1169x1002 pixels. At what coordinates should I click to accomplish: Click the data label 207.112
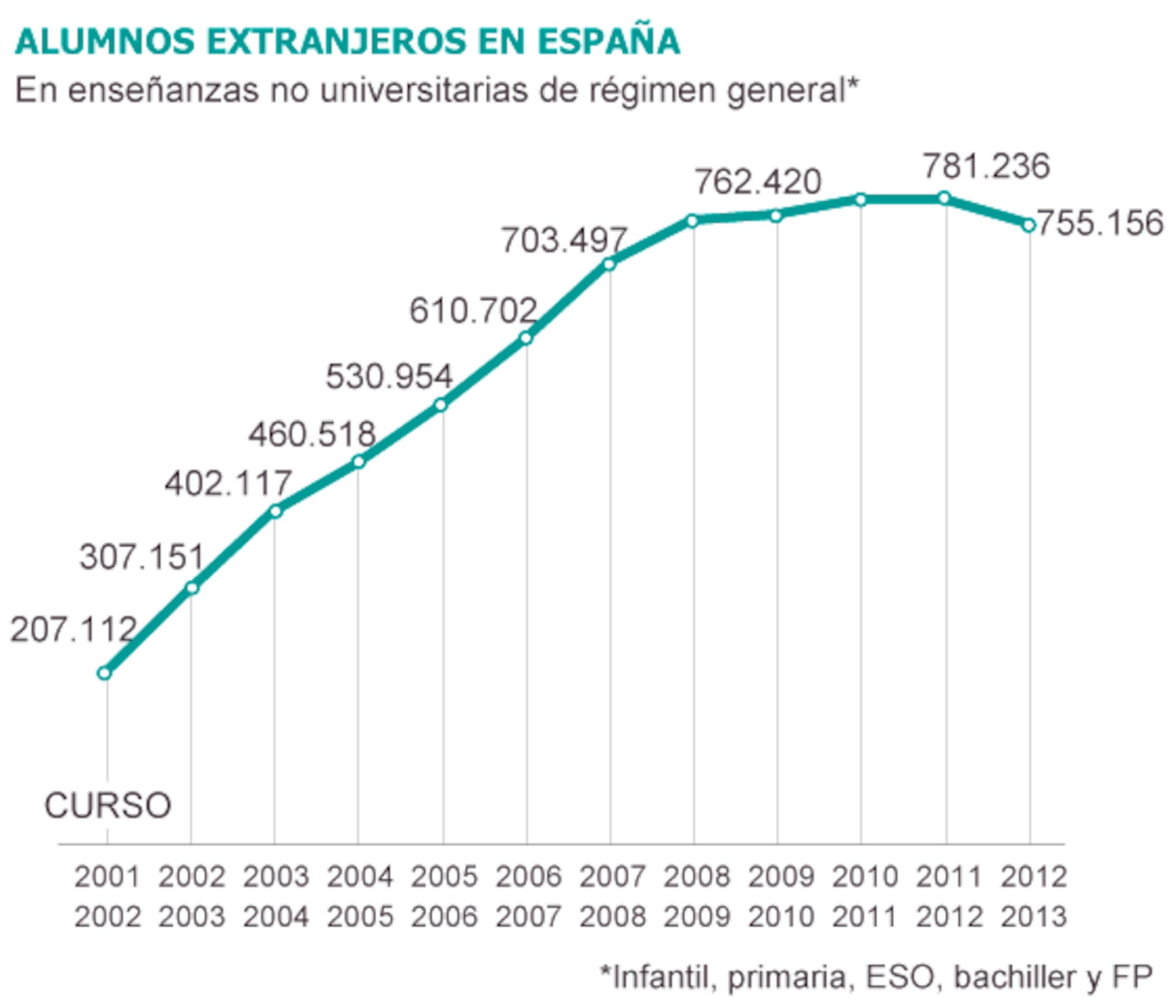(73, 630)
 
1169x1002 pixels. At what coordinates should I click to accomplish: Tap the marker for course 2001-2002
(104, 673)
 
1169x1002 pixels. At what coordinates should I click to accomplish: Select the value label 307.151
(142, 557)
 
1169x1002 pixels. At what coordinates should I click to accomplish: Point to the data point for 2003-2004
(275, 511)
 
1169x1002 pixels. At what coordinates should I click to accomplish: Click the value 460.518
(312, 434)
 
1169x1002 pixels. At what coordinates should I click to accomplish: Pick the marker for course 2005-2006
(441, 405)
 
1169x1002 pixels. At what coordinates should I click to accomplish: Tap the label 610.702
(473, 311)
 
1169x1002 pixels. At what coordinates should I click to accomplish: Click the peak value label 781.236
(986, 166)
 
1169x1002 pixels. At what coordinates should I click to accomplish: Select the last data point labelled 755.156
(1029, 225)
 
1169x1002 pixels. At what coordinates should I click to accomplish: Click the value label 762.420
(758, 182)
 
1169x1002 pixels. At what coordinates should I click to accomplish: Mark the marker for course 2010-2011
(861, 200)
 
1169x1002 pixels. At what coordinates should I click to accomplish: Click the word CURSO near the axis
(108, 806)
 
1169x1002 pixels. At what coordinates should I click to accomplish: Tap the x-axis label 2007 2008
(613, 896)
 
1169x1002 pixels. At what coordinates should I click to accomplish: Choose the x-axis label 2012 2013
(1033, 896)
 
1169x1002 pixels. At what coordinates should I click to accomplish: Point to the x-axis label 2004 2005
(360, 896)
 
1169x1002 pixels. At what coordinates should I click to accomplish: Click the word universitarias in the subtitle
(423, 91)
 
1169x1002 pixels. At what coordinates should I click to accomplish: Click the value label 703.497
(564, 240)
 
